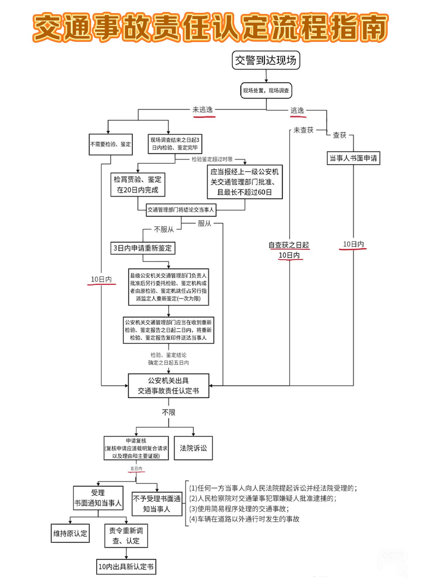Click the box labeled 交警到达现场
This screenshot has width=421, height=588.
click(x=266, y=60)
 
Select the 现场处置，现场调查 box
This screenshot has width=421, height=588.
click(x=266, y=90)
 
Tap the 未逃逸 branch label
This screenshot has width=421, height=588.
click(x=203, y=110)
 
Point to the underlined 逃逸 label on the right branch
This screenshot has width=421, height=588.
click(x=297, y=111)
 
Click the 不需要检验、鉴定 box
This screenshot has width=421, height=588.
click(x=111, y=144)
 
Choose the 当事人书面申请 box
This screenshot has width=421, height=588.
click(x=353, y=158)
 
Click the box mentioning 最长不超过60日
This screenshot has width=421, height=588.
click(x=245, y=182)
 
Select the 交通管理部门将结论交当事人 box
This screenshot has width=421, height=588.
click(x=181, y=210)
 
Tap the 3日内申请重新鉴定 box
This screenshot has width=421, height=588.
click(x=143, y=248)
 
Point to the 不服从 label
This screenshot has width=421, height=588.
click(x=164, y=229)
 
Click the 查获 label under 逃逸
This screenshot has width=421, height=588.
click(x=339, y=135)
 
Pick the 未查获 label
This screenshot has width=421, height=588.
click(x=303, y=130)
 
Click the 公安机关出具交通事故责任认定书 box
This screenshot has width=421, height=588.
click(x=168, y=386)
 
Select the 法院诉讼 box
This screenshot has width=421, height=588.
click(x=193, y=448)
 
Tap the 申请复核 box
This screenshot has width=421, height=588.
click(x=136, y=448)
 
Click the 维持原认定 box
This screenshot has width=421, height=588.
click(x=70, y=533)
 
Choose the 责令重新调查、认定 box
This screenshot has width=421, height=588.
click(x=126, y=536)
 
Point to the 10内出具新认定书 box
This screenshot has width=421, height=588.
click(x=126, y=567)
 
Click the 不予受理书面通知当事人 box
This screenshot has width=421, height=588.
click(x=157, y=504)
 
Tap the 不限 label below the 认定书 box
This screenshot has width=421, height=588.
click(x=169, y=412)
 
